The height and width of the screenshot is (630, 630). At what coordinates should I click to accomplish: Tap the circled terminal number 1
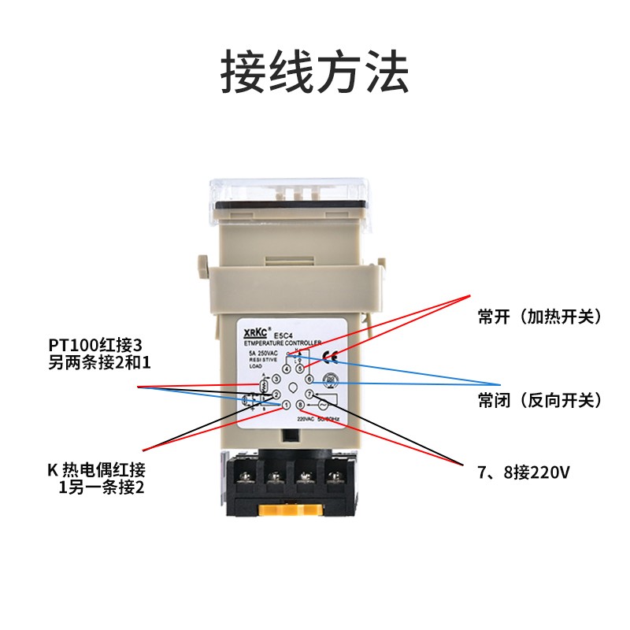pyautogui.click(x=286, y=406)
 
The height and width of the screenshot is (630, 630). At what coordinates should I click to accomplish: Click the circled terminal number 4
pyautogui.click(x=287, y=369)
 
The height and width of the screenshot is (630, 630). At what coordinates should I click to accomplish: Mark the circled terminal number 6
pyautogui.click(x=309, y=380)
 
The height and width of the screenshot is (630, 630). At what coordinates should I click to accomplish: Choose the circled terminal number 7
pyautogui.click(x=309, y=394)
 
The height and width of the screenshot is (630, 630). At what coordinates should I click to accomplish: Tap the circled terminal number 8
pyautogui.click(x=300, y=406)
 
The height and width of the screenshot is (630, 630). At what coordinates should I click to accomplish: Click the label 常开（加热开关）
pyautogui.click(x=539, y=317)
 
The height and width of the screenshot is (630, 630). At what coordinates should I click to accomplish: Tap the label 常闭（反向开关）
pyautogui.click(x=539, y=400)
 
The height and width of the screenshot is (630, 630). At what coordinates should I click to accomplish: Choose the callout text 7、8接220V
pyautogui.click(x=523, y=472)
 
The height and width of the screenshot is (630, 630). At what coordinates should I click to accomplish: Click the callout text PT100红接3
pyautogui.click(x=98, y=345)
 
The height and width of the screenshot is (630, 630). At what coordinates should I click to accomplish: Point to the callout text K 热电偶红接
pyautogui.click(x=96, y=471)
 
